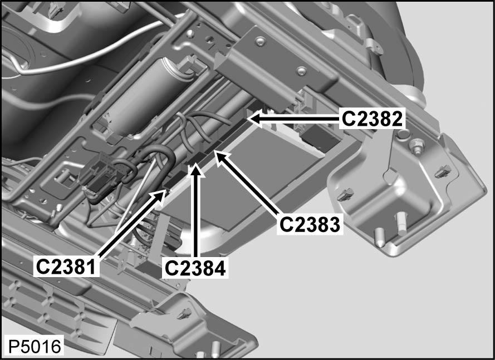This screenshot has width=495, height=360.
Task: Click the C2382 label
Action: [x=371, y=117]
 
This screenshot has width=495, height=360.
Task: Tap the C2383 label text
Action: [x=310, y=224]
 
